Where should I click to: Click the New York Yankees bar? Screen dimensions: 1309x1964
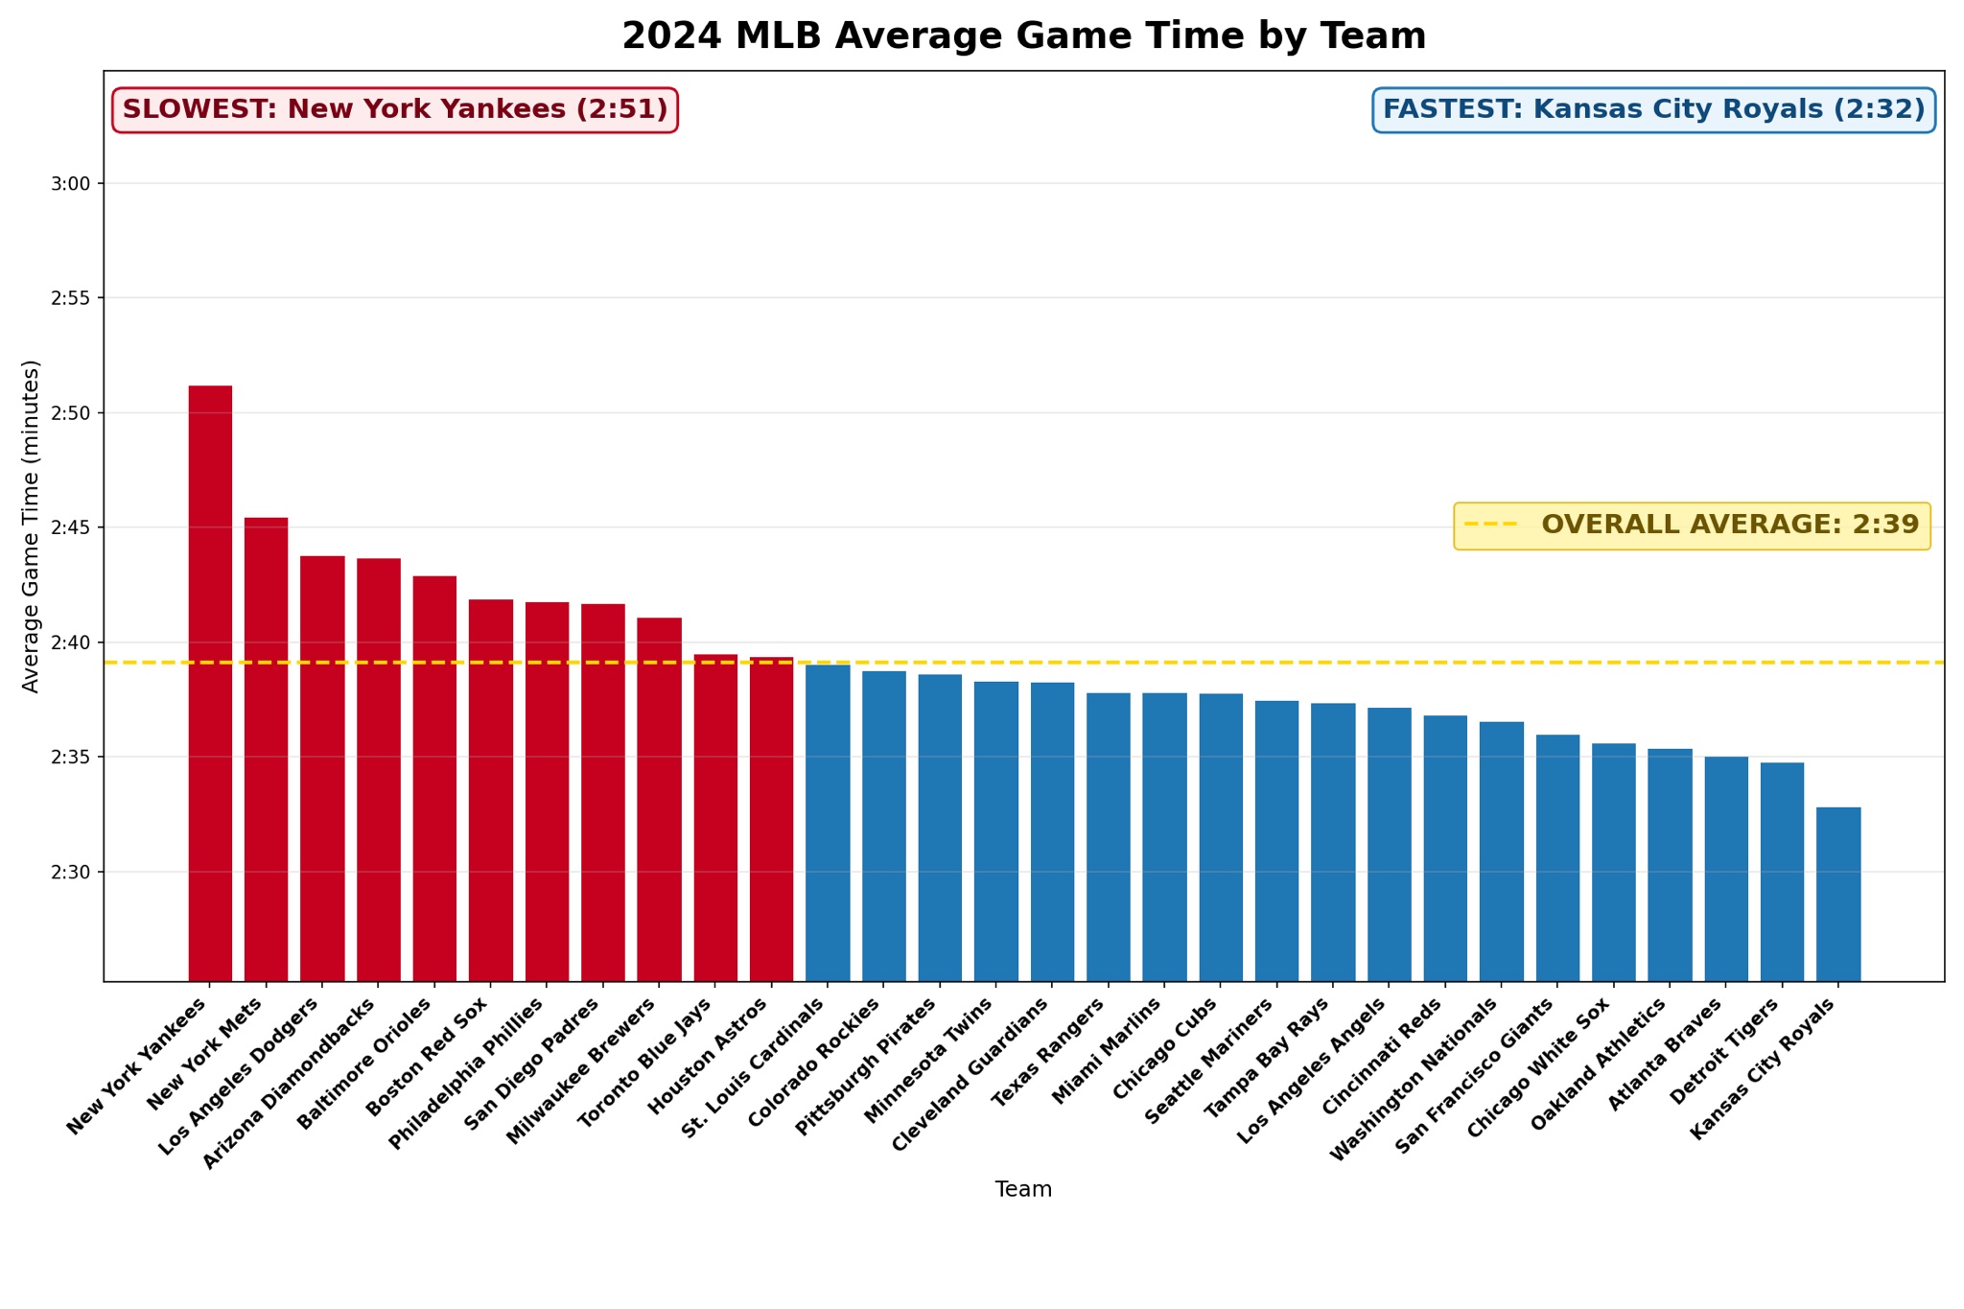click(x=210, y=683)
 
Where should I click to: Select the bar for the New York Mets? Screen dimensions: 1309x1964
click(x=266, y=749)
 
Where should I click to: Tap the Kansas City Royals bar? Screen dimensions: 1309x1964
click(x=1838, y=894)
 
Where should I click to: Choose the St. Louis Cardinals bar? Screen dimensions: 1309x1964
click(x=828, y=822)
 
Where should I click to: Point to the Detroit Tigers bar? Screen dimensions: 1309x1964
click(x=1782, y=872)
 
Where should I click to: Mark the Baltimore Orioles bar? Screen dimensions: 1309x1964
click(x=434, y=778)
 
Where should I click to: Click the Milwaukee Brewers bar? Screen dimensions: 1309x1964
click(x=659, y=799)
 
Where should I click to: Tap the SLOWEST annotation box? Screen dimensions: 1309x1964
click(x=395, y=110)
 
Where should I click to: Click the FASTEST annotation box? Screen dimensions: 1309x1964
click(x=1653, y=110)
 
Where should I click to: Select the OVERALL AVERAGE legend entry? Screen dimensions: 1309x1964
click(x=1692, y=526)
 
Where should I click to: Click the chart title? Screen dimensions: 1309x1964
click(x=1023, y=36)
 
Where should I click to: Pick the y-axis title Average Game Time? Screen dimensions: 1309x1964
click(x=31, y=526)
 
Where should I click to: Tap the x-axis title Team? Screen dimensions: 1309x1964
click(x=1023, y=1190)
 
